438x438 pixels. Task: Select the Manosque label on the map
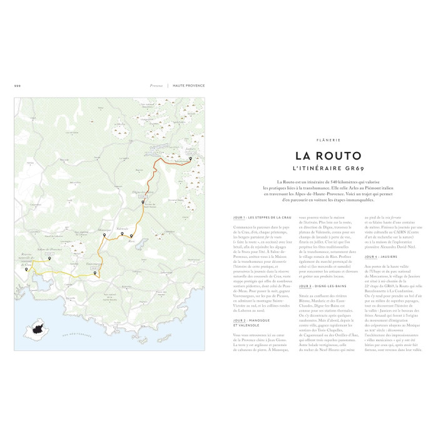point(104,229)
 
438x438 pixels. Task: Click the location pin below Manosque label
point(104,236)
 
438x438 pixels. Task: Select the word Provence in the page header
point(156,86)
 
